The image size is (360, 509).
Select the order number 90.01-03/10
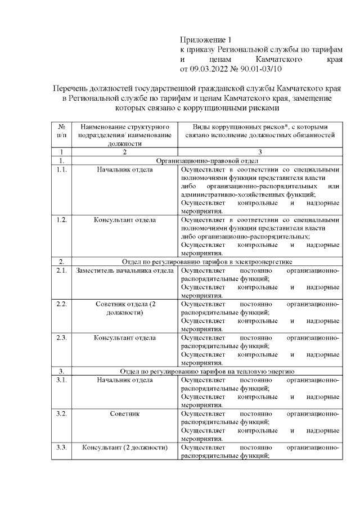259,69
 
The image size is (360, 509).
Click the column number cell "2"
125,152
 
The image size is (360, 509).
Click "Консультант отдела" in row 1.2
125,219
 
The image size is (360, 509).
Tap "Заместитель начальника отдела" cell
125,271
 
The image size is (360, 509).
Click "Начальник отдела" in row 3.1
125,380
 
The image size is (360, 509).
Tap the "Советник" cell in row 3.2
125,414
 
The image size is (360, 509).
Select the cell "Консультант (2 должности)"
125,448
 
